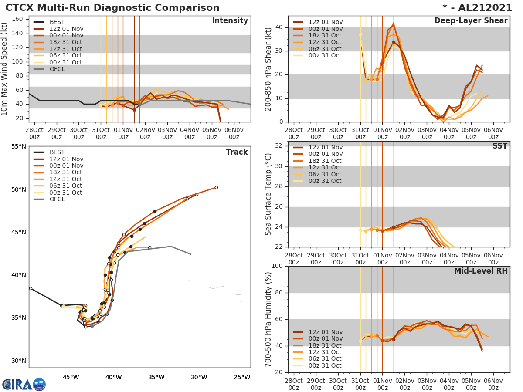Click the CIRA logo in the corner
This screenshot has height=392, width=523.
[x=24, y=384]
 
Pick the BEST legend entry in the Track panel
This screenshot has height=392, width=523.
[x=57, y=152]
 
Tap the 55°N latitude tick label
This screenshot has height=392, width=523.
[x=18, y=146]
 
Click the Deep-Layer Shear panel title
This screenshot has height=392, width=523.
[x=471, y=21]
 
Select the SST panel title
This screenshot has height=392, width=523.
[x=500, y=146]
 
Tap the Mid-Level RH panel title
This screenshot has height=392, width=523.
[x=481, y=271]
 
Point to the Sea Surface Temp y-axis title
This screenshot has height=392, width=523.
[x=268, y=194]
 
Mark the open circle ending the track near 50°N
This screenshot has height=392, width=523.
[x=216, y=188]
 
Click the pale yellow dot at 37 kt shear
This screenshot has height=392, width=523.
[x=360, y=34]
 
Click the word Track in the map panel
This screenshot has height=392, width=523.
[x=236, y=152]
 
